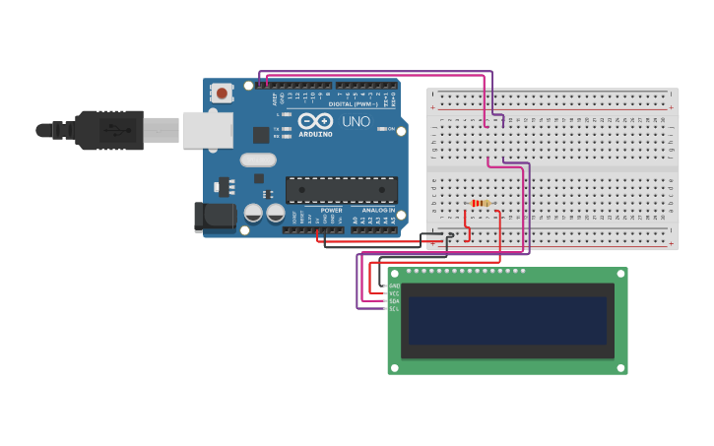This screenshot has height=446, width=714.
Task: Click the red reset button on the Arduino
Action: tap(223, 94)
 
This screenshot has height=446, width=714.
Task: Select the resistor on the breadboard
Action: tap(481, 204)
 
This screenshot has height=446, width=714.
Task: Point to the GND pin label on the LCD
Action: tap(394, 286)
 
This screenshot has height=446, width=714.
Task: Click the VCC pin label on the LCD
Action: tap(394, 293)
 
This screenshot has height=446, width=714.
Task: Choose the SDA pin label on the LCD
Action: tap(394, 301)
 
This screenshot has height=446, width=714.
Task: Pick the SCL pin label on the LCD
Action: tap(394, 309)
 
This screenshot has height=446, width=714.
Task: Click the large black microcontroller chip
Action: tap(342, 190)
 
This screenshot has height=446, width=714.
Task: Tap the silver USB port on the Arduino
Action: tap(208, 130)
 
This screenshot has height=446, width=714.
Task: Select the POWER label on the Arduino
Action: tap(331, 211)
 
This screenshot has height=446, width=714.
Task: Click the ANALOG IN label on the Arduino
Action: tap(377, 211)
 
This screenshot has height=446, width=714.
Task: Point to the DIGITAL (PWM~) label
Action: tap(353, 103)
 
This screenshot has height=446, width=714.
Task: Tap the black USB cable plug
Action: tap(108, 130)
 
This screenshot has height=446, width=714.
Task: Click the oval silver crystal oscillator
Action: tap(258, 159)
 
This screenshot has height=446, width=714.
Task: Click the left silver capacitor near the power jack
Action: tap(253, 213)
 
